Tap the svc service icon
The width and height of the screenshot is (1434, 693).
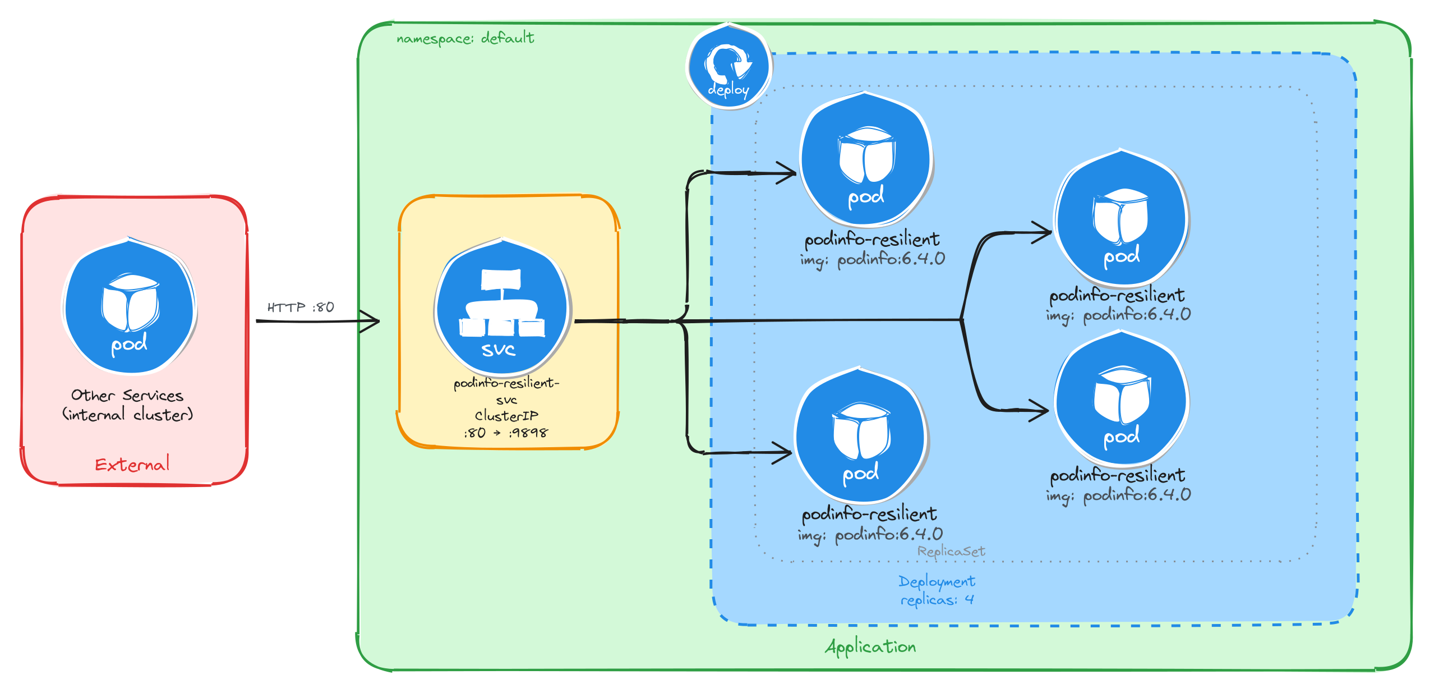pos(502,308)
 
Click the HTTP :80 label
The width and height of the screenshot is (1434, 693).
pos(301,308)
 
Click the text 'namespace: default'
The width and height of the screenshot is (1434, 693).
pos(465,38)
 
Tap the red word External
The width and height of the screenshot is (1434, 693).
pos(132,465)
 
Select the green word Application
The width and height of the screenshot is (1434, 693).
pos(870,647)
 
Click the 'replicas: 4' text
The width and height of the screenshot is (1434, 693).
pos(937,600)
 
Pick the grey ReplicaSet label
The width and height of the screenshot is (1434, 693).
pos(951,551)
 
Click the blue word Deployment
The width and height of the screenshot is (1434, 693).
pos(937,581)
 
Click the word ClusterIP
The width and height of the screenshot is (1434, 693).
pos(506,416)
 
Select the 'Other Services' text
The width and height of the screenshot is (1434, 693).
pos(127,395)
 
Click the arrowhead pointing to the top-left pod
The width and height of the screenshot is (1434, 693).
pos(787,173)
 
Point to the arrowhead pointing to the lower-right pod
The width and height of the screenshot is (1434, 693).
pos(1040,410)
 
